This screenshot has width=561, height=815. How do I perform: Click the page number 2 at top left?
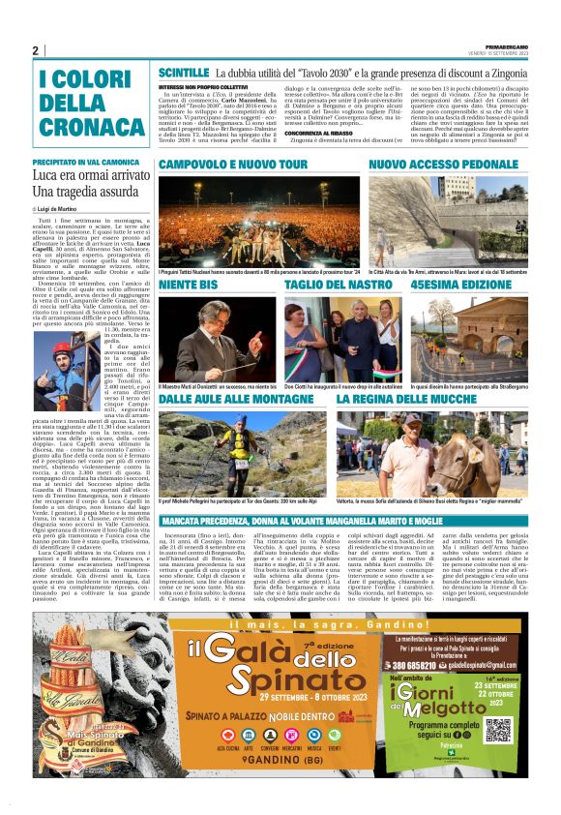pyautogui.click(x=35, y=50)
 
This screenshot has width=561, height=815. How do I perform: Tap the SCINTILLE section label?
pyautogui.click(x=184, y=74)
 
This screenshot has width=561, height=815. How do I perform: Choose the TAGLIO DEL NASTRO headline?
pyautogui.click(x=331, y=287)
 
